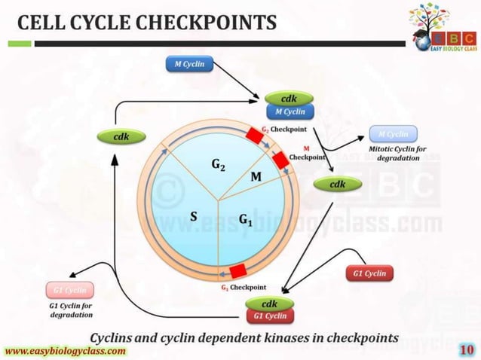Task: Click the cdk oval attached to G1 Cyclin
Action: (269, 304)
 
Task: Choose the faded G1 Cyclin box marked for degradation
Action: (69, 289)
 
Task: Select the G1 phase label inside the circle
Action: (247, 218)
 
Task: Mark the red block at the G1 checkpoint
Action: (238, 270)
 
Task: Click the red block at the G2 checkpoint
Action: (253, 135)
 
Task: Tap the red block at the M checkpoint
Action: (282, 160)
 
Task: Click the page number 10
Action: (465, 350)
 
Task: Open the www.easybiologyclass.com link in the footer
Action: (66, 351)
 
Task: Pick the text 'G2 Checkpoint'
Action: (283, 129)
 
